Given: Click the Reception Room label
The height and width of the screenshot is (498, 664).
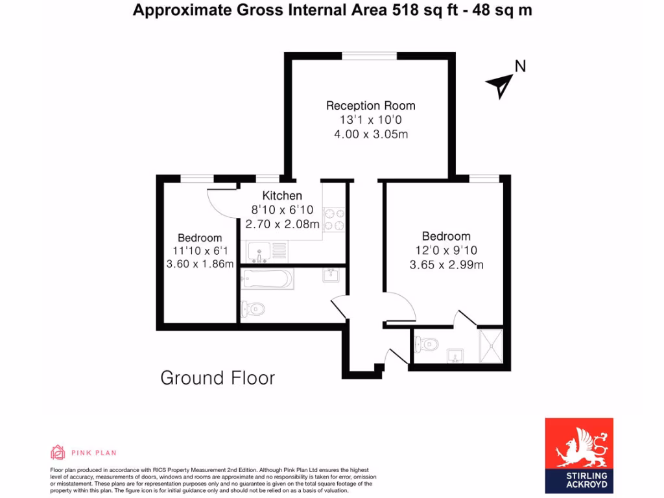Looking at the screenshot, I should pyautogui.click(x=370, y=106).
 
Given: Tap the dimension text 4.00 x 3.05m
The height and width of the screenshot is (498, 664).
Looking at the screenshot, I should pyautogui.click(x=370, y=134).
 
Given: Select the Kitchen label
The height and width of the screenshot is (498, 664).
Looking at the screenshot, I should pyautogui.click(x=282, y=196).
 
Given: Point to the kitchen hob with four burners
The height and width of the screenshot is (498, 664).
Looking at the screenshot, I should pyautogui.click(x=333, y=219).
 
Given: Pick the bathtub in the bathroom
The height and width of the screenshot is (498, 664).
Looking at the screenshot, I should pyautogui.click(x=267, y=279).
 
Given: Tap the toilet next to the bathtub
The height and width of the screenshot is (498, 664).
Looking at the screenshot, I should pyautogui.click(x=253, y=309).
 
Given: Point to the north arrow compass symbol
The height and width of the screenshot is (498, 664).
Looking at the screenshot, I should pyautogui.click(x=501, y=84).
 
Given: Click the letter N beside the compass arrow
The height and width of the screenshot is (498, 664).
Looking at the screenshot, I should pyautogui.click(x=520, y=65).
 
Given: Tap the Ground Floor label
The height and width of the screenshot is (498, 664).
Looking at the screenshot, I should pyautogui.click(x=217, y=378).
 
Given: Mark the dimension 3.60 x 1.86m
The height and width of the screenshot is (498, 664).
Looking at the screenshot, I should pyautogui.click(x=200, y=264).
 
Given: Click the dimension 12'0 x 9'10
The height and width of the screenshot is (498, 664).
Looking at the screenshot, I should pyautogui.click(x=446, y=250).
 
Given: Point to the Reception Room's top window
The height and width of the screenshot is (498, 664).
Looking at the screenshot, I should pyautogui.click(x=370, y=56).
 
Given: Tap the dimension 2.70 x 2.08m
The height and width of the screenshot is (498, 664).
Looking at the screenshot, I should pyautogui.click(x=282, y=224).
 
